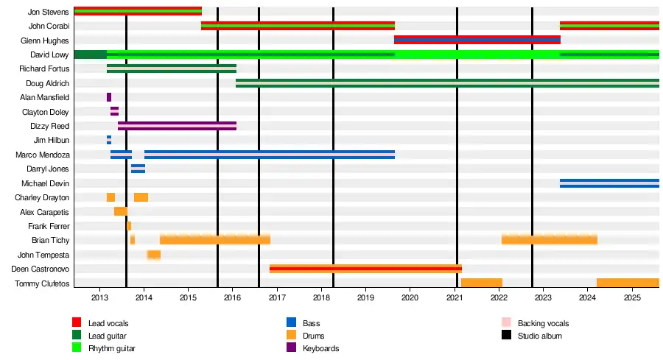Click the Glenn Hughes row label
[46, 40]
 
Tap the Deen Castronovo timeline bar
[365, 269]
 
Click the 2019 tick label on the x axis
[366, 297]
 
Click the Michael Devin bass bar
[609, 183]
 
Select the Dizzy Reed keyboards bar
[177, 126]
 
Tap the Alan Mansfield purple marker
[109, 97]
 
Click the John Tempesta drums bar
[154, 255]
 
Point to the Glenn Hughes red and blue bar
[477, 40]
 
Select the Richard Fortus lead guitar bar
[172, 68]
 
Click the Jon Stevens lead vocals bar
[138, 11]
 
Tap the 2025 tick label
[632, 297]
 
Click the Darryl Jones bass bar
[138, 169]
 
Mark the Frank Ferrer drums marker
[129, 226]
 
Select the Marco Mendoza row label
[43, 155]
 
